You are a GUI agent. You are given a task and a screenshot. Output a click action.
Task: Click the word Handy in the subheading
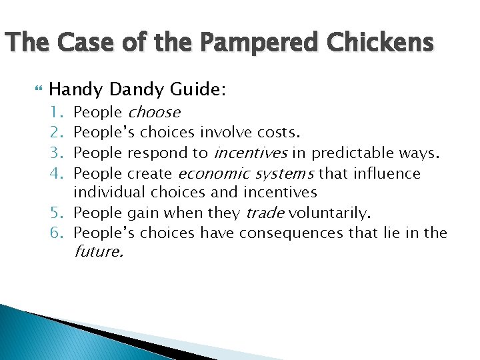(x=73, y=89)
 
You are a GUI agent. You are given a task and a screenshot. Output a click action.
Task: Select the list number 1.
(x=59, y=112)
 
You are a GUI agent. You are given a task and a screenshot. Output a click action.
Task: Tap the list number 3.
(x=59, y=153)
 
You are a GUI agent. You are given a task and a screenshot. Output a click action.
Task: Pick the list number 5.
(x=59, y=213)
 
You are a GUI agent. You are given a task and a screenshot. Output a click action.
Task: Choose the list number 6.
(x=59, y=233)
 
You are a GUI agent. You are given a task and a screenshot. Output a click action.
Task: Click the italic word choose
(x=153, y=112)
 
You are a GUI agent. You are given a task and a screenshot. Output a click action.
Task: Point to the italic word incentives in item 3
(x=250, y=153)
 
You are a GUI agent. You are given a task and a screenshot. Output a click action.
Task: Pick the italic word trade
(x=266, y=213)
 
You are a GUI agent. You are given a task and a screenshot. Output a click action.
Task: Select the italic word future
(x=98, y=252)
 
